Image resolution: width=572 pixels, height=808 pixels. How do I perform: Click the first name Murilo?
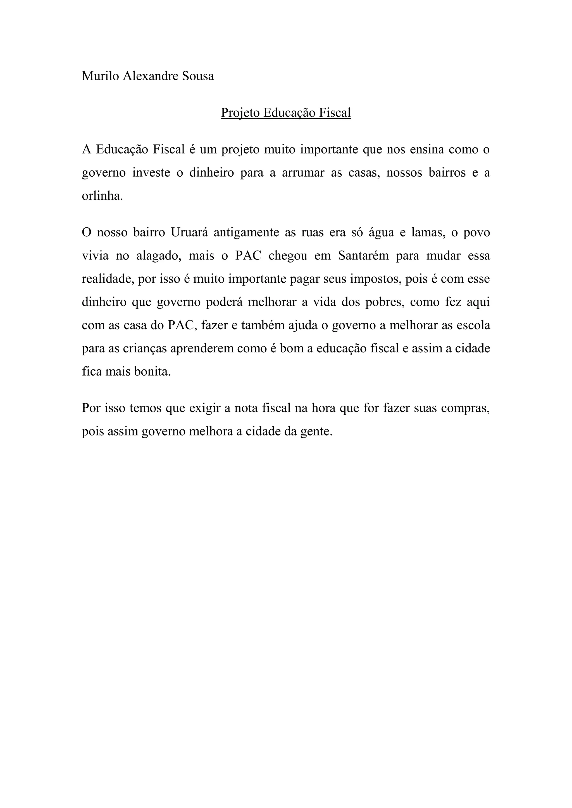(100, 76)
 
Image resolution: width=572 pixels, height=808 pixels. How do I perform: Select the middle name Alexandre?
(150, 76)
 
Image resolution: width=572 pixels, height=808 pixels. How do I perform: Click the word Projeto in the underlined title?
(240, 113)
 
